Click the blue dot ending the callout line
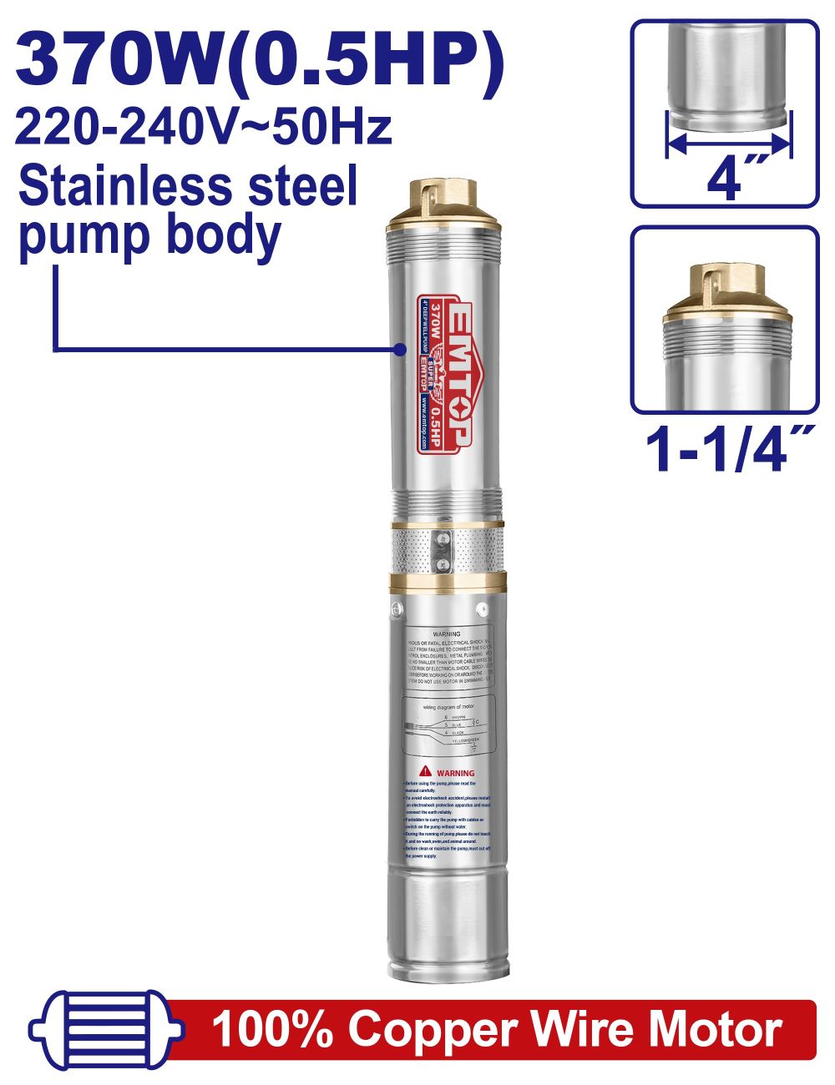(x=400, y=350)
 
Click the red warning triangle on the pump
(x=425, y=771)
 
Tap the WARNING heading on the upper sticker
(x=448, y=634)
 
